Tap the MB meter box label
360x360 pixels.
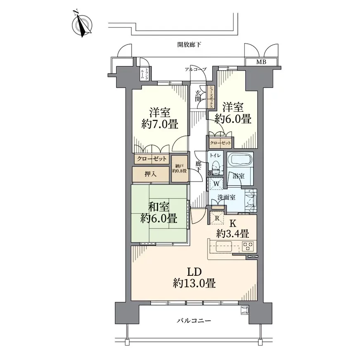pyautogui.click(x=261, y=62)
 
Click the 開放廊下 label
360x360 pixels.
pyautogui.click(x=189, y=45)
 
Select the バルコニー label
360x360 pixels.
pyautogui.click(x=194, y=320)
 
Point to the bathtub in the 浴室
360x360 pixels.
pyautogui.click(x=240, y=159)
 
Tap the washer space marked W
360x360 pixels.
pyautogui.click(x=216, y=184)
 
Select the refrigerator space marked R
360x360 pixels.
pyautogui.click(x=217, y=218)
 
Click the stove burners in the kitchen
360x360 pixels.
pyautogui.click(x=248, y=246)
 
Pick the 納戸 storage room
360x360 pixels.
pyautogui.click(x=180, y=169)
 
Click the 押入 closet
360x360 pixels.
pyautogui.click(x=151, y=174)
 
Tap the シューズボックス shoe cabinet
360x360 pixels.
pyautogui.click(x=211, y=97)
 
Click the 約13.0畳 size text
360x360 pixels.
pyautogui.click(x=194, y=284)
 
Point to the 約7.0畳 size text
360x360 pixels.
pyautogui.click(x=160, y=124)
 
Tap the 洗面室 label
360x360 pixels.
pyautogui.click(x=226, y=197)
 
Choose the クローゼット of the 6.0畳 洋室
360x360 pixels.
pyautogui.click(x=220, y=143)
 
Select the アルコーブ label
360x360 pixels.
pyautogui.click(x=196, y=69)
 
